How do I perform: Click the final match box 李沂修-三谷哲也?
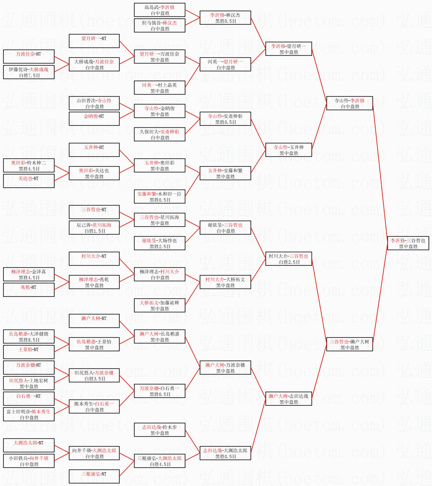(408, 243)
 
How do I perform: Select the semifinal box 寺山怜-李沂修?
(350, 103)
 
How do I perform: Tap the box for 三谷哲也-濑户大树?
(350, 344)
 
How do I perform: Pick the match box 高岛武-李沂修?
(160, 10)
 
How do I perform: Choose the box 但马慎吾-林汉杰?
(160, 25)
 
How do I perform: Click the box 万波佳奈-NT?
(29, 57)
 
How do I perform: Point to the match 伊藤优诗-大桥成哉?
(29, 72)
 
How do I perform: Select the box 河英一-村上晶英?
(160, 88)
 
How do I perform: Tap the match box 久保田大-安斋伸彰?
(160, 134)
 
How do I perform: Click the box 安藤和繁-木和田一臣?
(160, 196)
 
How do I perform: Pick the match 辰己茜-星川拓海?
(94, 228)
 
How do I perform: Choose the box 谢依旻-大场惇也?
(160, 243)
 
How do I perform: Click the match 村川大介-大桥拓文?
(225, 282)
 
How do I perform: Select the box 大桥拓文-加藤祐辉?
(160, 305)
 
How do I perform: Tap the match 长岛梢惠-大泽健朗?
(29, 336)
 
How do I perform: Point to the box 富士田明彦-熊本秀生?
(29, 414)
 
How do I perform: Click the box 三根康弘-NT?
(94, 476)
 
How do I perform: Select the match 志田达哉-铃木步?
(160, 430)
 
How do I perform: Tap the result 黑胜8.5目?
(29, 340)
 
